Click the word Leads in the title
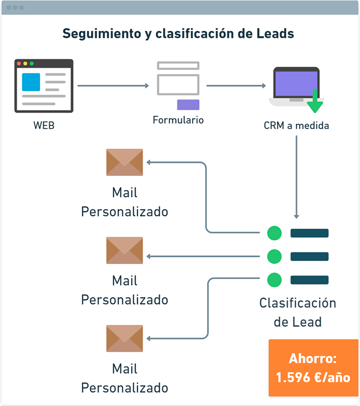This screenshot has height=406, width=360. click(x=275, y=33)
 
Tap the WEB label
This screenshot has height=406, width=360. click(x=44, y=125)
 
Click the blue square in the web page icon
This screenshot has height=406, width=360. click(x=31, y=82)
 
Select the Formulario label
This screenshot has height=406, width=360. click(x=178, y=120)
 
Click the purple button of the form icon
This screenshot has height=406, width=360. click(x=188, y=105)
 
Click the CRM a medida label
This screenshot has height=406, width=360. click(x=297, y=125)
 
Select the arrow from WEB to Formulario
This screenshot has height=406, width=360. click(x=113, y=86)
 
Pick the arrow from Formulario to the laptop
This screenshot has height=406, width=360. click(x=236, y=86)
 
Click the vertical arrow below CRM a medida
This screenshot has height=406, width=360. click(x=297, y=177)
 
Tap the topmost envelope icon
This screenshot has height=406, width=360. click(x=124, y=162)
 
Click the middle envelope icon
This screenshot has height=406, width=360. click(x=124, y=250)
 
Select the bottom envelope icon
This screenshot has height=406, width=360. click(x=124, y=339)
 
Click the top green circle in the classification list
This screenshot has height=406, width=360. click(x=275, y=233)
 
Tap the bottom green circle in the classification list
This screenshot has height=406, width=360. click(x=275, y=280)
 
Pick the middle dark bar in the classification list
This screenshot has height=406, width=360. click(x=310, y=256)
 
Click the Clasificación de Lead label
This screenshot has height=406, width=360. click(x=298, y=312)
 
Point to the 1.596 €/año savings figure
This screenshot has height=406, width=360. click(x=313, y=377)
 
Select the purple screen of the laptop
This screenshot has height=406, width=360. click(x=297, y=83)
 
